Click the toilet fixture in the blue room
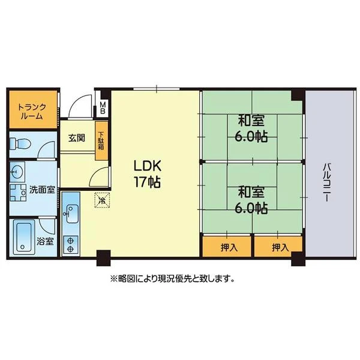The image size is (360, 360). point(20,144)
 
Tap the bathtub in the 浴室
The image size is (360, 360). point(23,237)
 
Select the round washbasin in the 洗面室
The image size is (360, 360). point(17,172)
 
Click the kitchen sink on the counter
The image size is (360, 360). point(71,214)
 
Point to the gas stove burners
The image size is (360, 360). point(71,245)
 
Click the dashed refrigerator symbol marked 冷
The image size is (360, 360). point(102,200)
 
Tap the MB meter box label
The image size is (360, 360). point(103,108)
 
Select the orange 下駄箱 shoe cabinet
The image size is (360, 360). point(101,141)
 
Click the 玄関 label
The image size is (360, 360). point(77,138)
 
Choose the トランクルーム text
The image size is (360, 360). point(32,112)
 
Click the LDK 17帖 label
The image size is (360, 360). point(147,174)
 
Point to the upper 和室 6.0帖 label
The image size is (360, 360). point(251,129)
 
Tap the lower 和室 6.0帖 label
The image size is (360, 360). point(251,200)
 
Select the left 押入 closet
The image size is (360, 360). point(226,247)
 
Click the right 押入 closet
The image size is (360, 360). point(278,247)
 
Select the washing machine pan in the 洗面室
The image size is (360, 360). point(17,193)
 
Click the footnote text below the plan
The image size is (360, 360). point(173,279)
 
